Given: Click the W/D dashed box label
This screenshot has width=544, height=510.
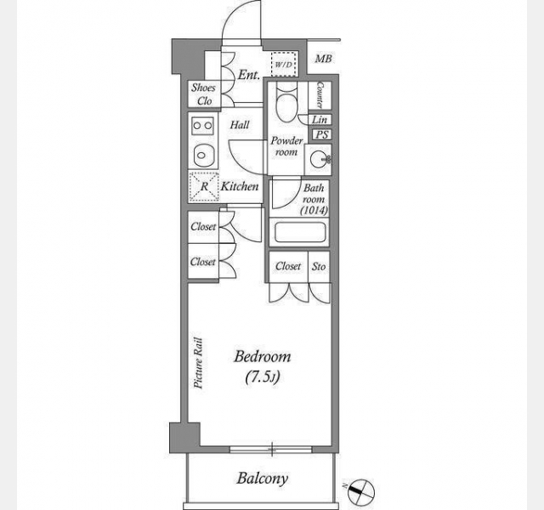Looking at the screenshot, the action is tap(284, 65).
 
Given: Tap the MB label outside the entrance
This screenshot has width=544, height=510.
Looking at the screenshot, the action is tap(323, 59).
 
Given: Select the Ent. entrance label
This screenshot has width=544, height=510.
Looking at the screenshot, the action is tap(249, 75).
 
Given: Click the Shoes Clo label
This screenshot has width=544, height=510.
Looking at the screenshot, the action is tap(204, 94).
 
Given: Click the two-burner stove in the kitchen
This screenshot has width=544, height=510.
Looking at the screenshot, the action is tap(202, 125).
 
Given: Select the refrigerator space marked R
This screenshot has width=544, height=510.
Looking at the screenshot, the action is tap(204, 187).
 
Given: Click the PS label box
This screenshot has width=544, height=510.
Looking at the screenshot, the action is tap(322, 134).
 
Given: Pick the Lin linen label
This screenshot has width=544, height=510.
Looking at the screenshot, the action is tap(320, 119).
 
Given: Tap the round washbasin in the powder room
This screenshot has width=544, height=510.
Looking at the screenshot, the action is tap(320, 160).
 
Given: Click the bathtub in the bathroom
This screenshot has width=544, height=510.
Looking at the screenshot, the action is tap(300, 232).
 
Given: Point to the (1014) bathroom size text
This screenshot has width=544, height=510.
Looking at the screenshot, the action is tap(314, 210).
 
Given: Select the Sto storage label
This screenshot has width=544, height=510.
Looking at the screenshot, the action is tap(319, 266).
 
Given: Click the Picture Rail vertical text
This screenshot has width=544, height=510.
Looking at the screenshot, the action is tap(198, 363).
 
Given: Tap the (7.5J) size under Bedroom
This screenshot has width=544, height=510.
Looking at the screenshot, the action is tap(263, 377).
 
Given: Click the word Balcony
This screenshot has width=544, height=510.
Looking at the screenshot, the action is tap(263, 479).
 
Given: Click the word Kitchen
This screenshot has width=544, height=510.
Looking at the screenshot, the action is tap(240, 187).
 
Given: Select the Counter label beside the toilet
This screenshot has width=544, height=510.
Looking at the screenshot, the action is tap(320, 94).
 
